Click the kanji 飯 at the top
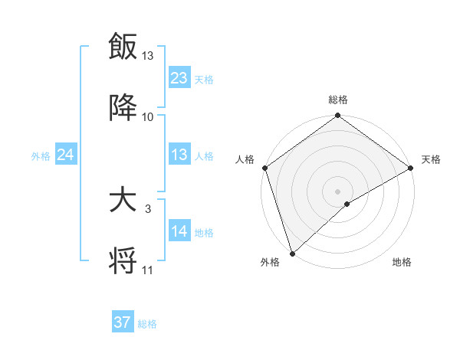tap(123, 47)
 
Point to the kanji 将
tap(123, 260)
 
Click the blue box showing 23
tap(179, 77)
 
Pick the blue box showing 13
tap(179, 155)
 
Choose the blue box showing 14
tap(179, 231)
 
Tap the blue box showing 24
tap(66, 155)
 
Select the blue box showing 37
tap(123, 322)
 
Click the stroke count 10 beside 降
tap(148, 117)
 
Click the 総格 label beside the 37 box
tap(147, 324)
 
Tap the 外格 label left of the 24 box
tap(41, 156)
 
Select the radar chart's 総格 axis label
tap(338, 100)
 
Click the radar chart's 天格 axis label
tap(431, 159)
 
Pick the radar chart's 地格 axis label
tap(402, 263)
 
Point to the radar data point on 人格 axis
tap(264, 168)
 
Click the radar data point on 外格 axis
tap(292, 253)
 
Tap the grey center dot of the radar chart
tap(337, 191)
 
